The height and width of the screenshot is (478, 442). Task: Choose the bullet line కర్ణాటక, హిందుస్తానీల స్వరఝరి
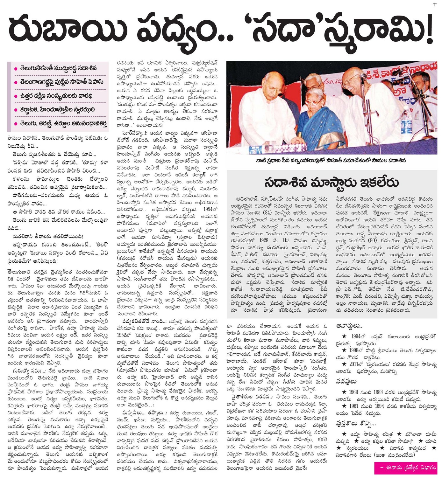(x=57, y=110)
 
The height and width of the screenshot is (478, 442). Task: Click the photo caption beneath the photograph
(x=331, y=161)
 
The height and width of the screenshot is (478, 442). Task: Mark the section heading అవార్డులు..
(x=349, y=326)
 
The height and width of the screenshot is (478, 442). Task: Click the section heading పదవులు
(x=346, y=381)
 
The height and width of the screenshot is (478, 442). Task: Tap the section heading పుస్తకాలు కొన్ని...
(x=356, y=423)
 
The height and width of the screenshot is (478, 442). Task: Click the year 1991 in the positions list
(x=358, y=406)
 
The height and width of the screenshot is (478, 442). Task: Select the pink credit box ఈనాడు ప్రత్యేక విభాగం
(x=405, y=468)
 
